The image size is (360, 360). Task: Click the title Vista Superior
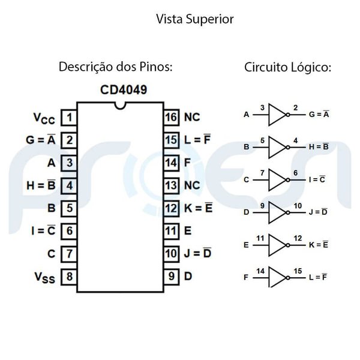click(194, 19)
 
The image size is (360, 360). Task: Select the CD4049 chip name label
click(124, 90)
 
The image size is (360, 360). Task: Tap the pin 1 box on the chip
click(70, 116)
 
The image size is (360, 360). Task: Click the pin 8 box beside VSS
click(70, 277)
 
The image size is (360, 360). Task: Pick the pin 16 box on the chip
click(172, 116)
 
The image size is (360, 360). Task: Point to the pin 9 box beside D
click(172, 277)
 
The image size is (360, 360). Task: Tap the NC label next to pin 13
click(192, 185)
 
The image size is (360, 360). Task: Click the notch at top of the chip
click(121, 106)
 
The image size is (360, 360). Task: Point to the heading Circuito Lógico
click(287, 67)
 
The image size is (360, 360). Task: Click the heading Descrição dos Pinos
click(115, 67)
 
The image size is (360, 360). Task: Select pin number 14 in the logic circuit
click(261, 271)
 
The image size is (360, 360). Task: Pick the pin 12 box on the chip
click(172, 208)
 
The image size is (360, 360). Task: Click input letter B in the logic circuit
click(247, 146)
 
